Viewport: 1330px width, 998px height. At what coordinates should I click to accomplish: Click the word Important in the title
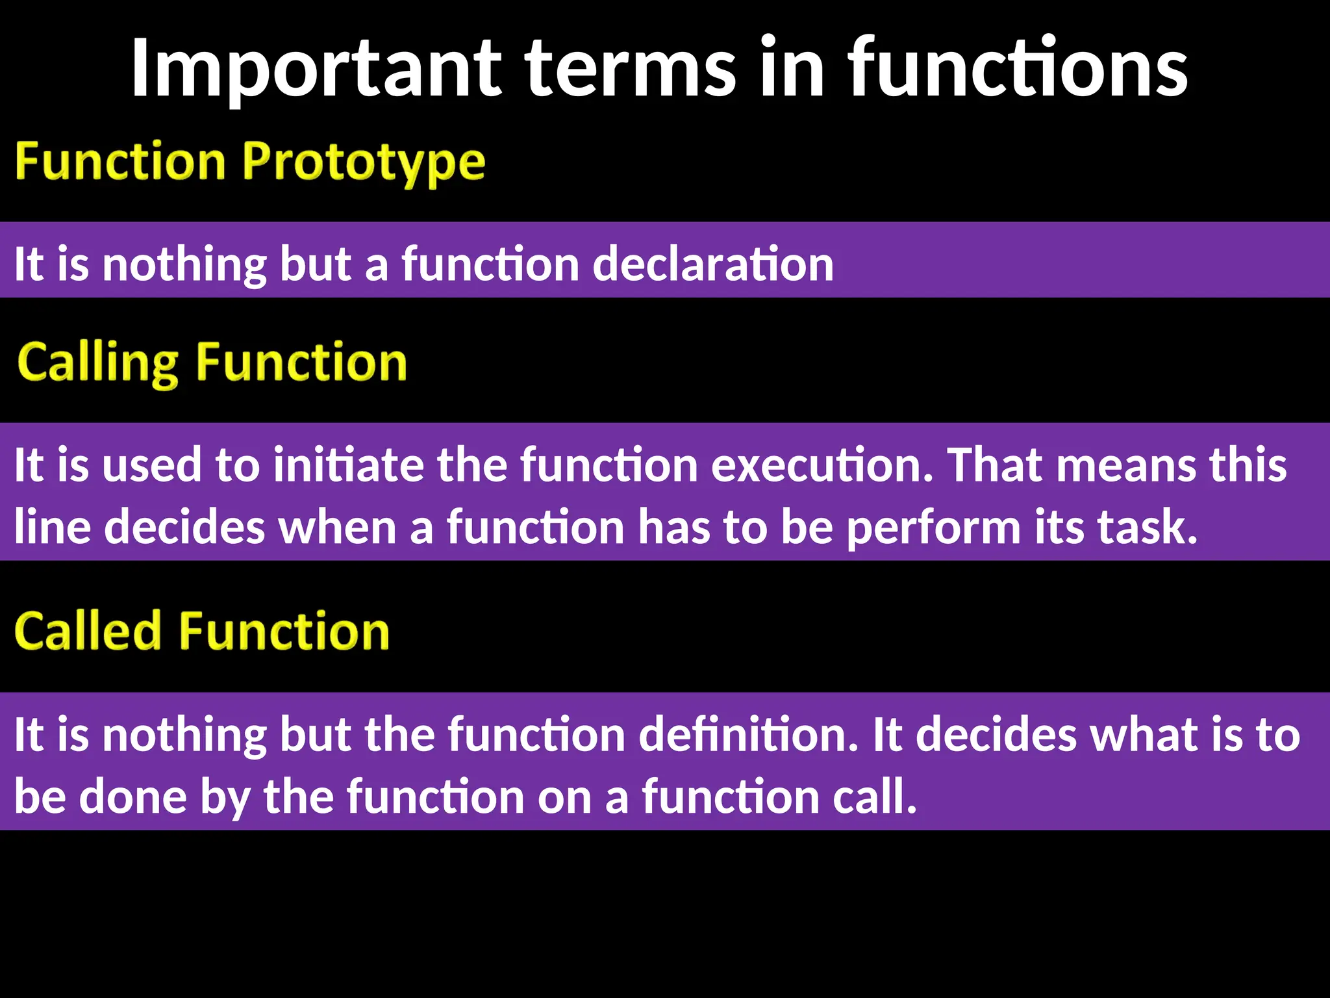tap(316, 68)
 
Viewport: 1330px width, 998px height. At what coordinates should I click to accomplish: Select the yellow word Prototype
tap(364, 162)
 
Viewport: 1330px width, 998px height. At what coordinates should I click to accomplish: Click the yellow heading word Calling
tap(97, 363)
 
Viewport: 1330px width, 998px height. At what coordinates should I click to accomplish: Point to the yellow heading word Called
tap(88, 632)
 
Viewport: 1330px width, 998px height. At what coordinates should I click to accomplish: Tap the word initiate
tap(348, 465)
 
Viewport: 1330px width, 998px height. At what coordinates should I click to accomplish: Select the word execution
tap(822, 465)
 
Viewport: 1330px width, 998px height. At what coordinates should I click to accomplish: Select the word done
tap(133, 797)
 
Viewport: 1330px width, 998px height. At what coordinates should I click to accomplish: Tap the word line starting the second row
tap(52, 528)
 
